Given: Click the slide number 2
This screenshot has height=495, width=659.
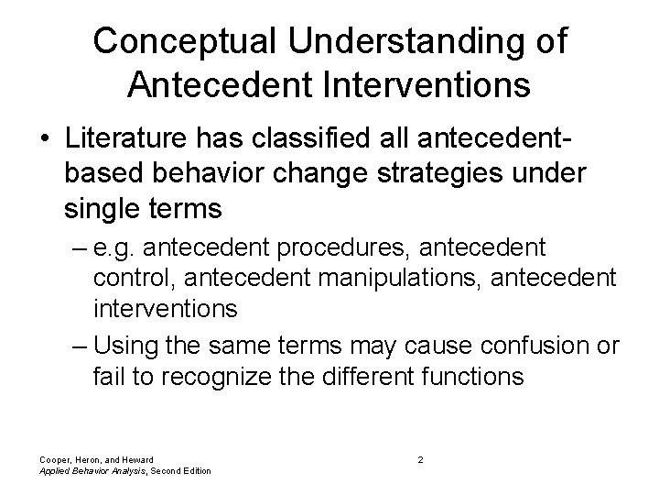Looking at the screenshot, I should point(420,458).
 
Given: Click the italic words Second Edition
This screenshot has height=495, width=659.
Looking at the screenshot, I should point(178,470).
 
